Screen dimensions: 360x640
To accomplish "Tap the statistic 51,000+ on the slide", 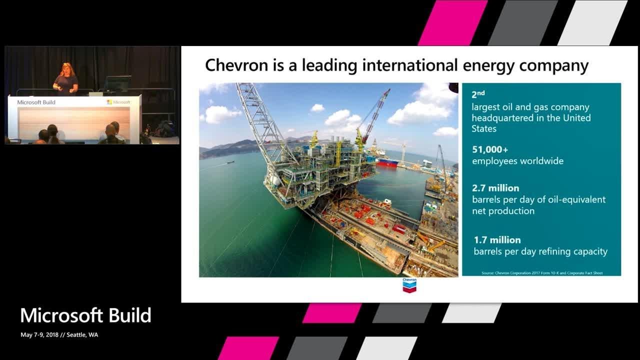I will [x=490, y=149].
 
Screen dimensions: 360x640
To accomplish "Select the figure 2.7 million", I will [x=495, y=188].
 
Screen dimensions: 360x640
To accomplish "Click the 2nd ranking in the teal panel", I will [x=478, y=94].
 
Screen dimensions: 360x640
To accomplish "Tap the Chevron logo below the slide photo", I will [x=409, y=284].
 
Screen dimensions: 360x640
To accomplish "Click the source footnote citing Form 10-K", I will [x=542, y=273].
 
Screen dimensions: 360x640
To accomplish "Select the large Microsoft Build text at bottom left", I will [x=85, y=315].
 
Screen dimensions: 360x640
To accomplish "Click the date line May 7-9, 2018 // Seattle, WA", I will [x=59, y=335].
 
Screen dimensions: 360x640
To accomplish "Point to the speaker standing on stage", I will [x=66, y=79].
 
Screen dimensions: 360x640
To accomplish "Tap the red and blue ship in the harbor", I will [x=388, y=162].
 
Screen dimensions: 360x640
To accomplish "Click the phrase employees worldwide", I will [x=517, y=161].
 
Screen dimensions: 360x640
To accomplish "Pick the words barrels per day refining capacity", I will [x=540, y=251].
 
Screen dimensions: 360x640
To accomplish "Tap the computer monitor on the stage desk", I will [x=117, y=83].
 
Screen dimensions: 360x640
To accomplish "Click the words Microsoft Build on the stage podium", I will [x=36, y=102].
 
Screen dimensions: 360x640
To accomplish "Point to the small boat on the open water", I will [x=229, y=162].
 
